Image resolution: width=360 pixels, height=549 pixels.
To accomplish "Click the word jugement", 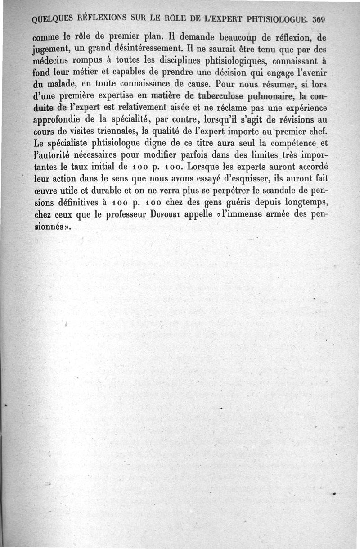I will pos(50,48).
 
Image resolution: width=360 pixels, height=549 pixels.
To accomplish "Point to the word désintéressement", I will pos(144,46).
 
